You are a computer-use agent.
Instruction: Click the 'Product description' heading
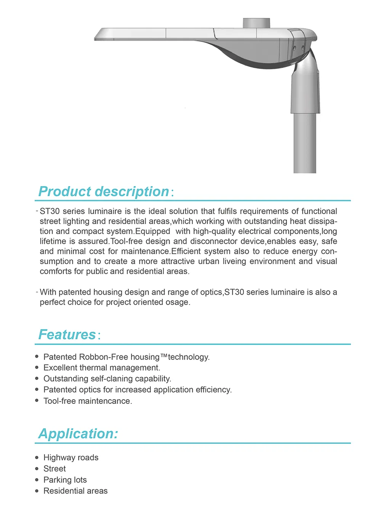coord(104,191)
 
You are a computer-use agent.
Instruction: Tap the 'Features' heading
coord(67,335)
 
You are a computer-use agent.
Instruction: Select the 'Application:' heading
coord(78,434)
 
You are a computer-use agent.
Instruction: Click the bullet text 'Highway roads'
coord(71,457)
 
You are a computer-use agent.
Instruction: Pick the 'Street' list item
coord(54,468)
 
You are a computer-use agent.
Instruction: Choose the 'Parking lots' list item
coord(65,480)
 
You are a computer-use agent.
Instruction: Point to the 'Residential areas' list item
coord(75,491)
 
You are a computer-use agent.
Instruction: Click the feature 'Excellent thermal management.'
coord(102,368)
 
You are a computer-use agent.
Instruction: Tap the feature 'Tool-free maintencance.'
coord(88,401)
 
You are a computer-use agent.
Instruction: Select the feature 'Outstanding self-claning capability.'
coord(107,379)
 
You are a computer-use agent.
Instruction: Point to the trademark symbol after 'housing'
coord(164,356)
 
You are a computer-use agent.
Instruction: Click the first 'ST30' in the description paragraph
coord(50,211)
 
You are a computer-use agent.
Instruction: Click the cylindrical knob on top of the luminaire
coord(256,23)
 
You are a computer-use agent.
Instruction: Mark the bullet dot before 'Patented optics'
coord(37,389)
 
